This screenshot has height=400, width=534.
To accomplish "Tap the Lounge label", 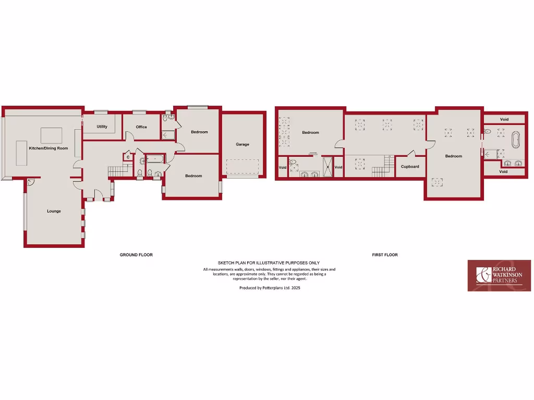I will coord(54,211).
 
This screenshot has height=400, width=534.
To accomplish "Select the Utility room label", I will coord(102,127).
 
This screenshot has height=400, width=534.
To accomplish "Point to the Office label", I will coord(141,127).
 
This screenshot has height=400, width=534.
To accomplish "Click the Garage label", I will coord(242,144).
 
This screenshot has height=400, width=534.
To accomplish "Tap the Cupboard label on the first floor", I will coord(410,167).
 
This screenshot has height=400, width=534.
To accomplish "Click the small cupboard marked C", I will coord(128,157).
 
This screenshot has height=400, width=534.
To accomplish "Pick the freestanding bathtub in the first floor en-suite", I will coord(516,140).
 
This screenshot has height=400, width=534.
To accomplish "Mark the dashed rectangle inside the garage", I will coord(242,167).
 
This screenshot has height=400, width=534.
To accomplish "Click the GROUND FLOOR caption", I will coord(136,255).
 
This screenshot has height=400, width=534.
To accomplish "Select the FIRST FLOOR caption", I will coord(385,255).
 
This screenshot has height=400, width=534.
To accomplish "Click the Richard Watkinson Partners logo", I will coord(499,275).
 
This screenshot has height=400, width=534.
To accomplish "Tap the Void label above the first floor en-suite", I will coord(504,119).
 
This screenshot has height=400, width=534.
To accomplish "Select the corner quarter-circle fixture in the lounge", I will coord(30,182).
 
